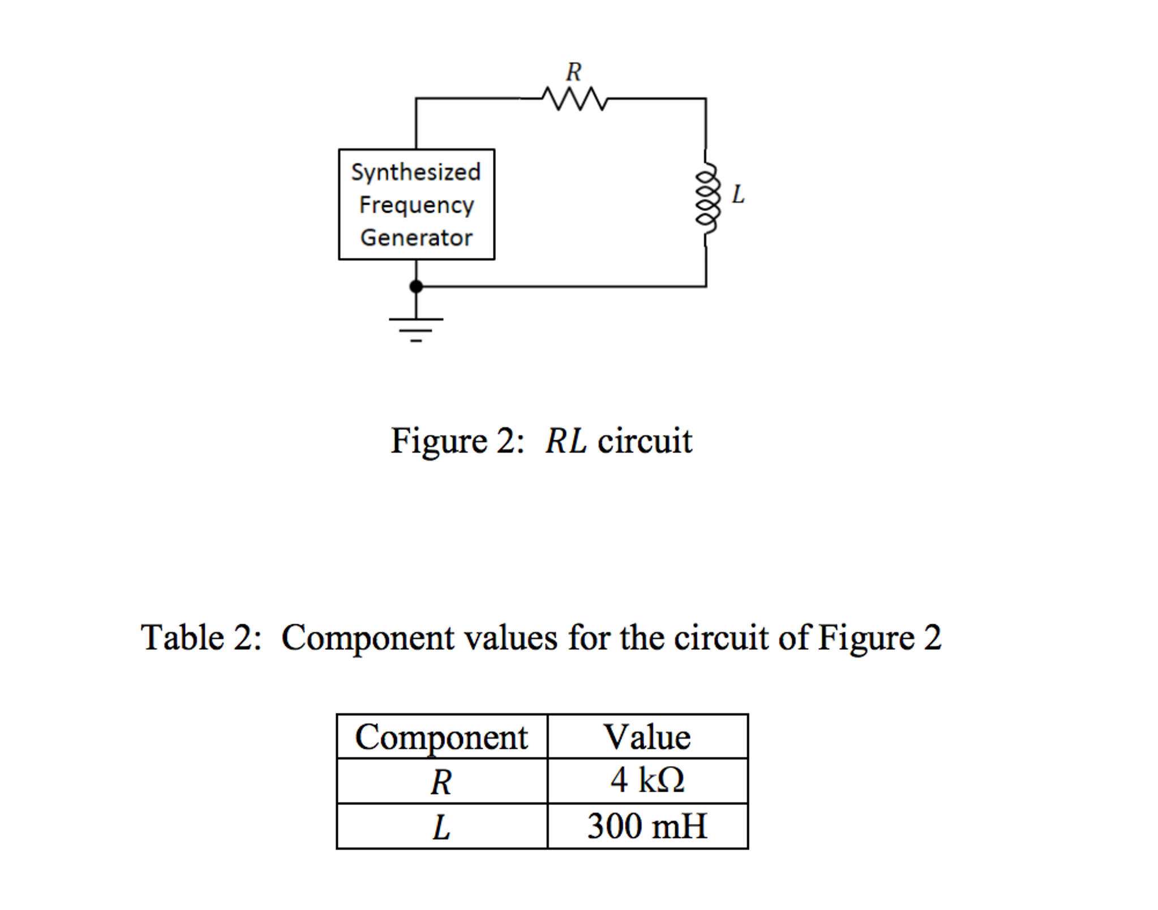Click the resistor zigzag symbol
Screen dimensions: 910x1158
[x=574, y=99]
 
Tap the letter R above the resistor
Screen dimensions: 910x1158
[x=573, y=72]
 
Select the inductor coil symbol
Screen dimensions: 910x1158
[x=707, y=198]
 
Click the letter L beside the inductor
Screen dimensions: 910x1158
[x=738, y=194]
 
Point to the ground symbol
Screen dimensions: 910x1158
[x=416, y=328]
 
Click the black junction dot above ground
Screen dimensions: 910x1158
[x=416, y=286]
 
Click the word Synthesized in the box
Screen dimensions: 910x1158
[x=416, y=172]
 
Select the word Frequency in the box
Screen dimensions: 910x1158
[x=416, y=205]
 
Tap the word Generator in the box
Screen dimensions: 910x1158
[x=416, y=238]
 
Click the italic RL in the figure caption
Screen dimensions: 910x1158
[x=565, y=441]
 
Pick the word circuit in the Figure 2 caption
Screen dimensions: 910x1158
[x=645, y=441]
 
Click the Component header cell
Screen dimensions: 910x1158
[x=441, y=737]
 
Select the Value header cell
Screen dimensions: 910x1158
[x=647, y=737]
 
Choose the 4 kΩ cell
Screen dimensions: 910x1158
[x=647, y=780]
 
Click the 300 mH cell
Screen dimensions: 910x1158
[x=647, y=826]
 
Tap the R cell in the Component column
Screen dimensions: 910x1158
[x=441, y=782]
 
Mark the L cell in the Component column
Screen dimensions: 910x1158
[x=441, y=827]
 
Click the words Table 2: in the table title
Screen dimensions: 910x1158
[x=201, y=638]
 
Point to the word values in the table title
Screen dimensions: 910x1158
[x=511, y=638]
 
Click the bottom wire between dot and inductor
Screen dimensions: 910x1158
[x=560, y=286]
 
